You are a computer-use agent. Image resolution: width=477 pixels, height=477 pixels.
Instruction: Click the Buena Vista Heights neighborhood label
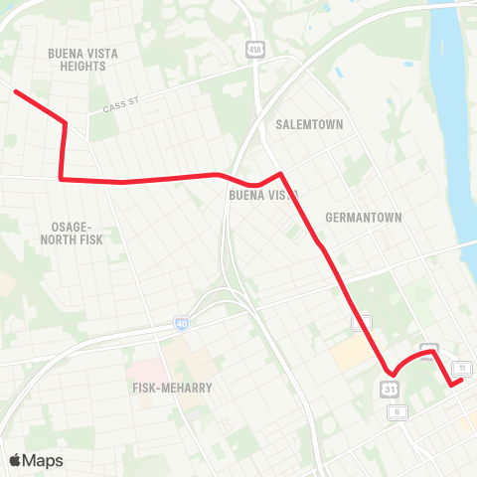tap(76, 59)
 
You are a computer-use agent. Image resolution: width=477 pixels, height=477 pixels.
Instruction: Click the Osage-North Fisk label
tap(76, 234)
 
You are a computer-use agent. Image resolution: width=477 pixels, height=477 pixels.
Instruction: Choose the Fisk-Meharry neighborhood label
tap(171, 387)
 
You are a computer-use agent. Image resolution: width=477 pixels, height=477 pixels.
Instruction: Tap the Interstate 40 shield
tap(181, 323)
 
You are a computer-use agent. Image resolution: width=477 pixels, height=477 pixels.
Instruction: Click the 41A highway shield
tap(256, 48)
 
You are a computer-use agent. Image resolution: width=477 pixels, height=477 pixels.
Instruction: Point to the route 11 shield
tap(463, 368)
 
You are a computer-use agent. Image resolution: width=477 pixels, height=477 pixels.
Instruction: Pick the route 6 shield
tap(397, 411)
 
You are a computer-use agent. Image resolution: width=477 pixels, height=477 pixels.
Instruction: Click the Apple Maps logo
tap(35, 460)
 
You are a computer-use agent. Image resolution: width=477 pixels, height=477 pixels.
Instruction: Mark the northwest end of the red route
tap(15, 91)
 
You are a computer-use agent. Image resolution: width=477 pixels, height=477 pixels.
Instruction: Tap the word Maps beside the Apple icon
tap(43, 460)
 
